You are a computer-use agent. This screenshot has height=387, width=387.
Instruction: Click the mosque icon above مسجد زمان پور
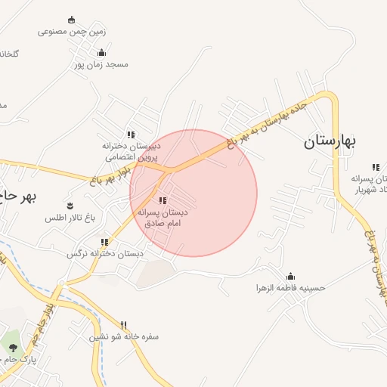point(102,52)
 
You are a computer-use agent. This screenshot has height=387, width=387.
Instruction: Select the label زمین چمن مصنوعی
point(72,32)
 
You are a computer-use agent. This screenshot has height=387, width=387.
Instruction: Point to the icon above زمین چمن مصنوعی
point(72,20)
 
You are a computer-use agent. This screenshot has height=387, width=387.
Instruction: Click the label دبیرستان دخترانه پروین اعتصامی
point(132,151)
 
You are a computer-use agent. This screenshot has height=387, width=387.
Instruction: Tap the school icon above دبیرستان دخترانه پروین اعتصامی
point(132,134)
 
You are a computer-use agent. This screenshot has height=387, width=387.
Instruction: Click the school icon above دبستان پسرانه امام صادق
point(163,201)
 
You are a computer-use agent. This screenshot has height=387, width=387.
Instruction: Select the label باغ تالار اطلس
point(70,218)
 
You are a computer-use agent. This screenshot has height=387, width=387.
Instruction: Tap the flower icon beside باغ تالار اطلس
point(70,205)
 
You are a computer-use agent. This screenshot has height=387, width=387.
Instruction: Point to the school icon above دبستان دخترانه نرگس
point(105,242)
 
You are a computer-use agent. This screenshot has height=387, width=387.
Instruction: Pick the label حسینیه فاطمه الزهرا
point(291,288)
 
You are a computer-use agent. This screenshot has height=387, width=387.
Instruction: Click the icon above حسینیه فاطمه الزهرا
point(291,276)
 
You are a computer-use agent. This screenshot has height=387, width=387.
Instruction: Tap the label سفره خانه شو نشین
point(125,337)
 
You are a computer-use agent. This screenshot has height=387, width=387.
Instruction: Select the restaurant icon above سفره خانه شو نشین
point(135,325)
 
